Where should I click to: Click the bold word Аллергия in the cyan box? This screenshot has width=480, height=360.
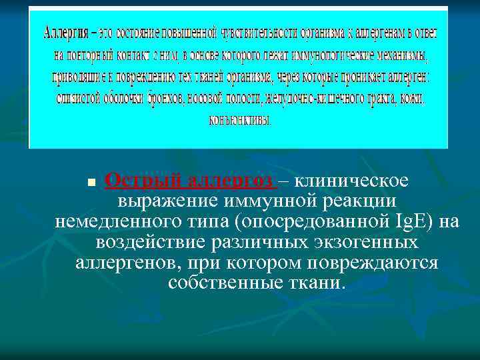click(63, 31)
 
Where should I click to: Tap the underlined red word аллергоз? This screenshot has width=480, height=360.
click(229, 181)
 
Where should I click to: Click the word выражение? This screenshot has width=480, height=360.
click(167, 201)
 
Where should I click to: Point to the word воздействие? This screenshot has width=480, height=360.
click(146, 241)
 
